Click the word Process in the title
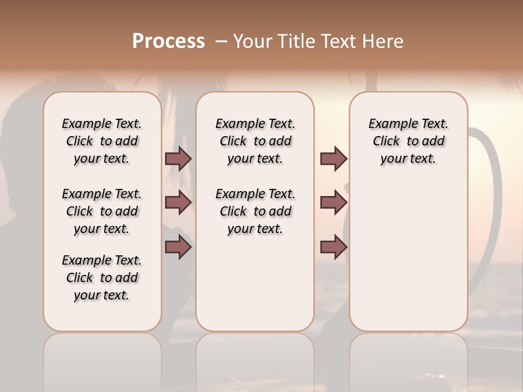(x=168, y=41)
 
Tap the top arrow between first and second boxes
(x=178, y=158)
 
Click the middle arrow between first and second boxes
(x=178, y=203)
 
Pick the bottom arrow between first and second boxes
(x=178, y=247)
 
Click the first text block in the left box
(x=102, y=141)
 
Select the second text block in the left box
(x=102, y=211)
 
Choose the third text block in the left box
(x=102, y=278)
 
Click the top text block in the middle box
(x=255, y=141)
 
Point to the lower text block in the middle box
(x=255, y=211)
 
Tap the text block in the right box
(x=408, y=141)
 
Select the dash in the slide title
(x=221, y=41)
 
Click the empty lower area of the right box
(x=408, y=256)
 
